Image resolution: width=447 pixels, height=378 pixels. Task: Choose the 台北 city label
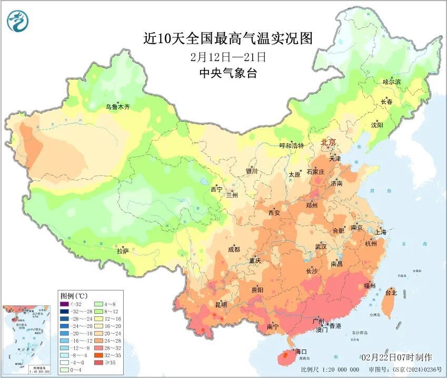point(391,292)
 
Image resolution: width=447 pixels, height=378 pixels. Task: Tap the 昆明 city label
point(221,304)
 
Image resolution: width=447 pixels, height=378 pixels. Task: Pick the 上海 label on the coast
point(380,232)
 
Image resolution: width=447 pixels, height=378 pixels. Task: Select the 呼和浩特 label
point(291,146)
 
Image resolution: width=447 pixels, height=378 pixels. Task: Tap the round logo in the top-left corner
point(18,21)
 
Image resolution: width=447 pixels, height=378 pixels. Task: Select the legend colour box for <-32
point(64,304)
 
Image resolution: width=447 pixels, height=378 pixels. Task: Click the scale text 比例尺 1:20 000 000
point(323,370)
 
